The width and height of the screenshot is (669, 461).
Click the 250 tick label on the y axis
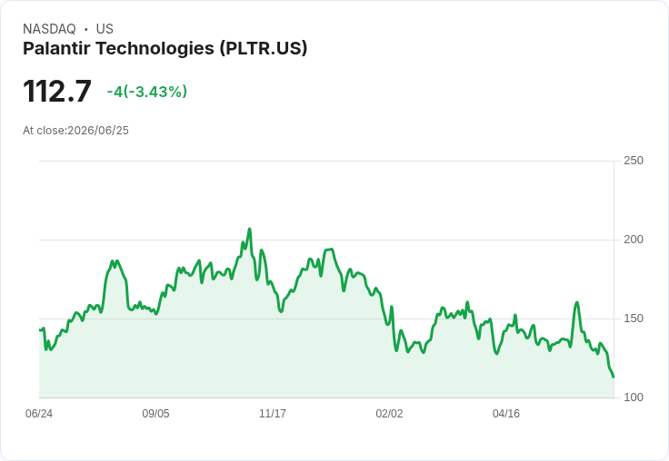pos(634,161)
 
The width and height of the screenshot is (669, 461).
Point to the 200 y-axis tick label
pos(634,240)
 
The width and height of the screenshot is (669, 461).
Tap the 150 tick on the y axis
pos(634,319)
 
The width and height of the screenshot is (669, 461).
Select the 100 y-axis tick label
pos(634,397)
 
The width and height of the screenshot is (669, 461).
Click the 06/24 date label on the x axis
pos(39,414)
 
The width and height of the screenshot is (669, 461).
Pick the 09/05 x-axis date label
pos(155,414)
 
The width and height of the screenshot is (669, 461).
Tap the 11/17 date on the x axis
pos(273,414)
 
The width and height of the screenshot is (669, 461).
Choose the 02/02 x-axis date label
pos(389,414)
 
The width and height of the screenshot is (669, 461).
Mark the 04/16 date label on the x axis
pos(506,414)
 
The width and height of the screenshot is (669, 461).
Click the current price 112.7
pos(57,91)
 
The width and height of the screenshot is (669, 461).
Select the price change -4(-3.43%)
pos(146,92)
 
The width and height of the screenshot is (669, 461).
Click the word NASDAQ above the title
pos(49,29)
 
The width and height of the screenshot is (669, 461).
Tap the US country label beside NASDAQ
pos(105,29)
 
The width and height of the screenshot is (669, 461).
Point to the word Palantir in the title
pos(56,48)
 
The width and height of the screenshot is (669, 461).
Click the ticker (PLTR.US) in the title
pos(264,49)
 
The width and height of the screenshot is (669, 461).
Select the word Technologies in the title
pos(155,49)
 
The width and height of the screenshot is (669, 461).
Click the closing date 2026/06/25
pos(98,131)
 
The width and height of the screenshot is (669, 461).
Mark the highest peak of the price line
pos(250,230)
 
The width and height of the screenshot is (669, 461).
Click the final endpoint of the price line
pos(614,377)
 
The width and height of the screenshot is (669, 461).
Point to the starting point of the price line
pos(40,329)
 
